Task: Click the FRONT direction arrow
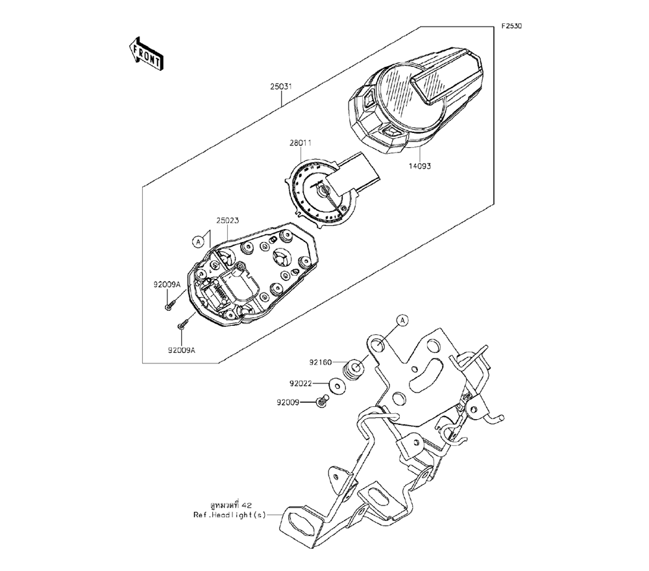(146, 55)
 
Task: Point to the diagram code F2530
(511, 26)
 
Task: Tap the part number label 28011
(300, 143)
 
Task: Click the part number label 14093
(420, 166)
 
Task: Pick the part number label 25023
(228, 221)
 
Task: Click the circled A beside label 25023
(199, 241)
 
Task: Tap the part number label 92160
(321, 363)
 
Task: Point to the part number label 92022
(301, 383)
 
